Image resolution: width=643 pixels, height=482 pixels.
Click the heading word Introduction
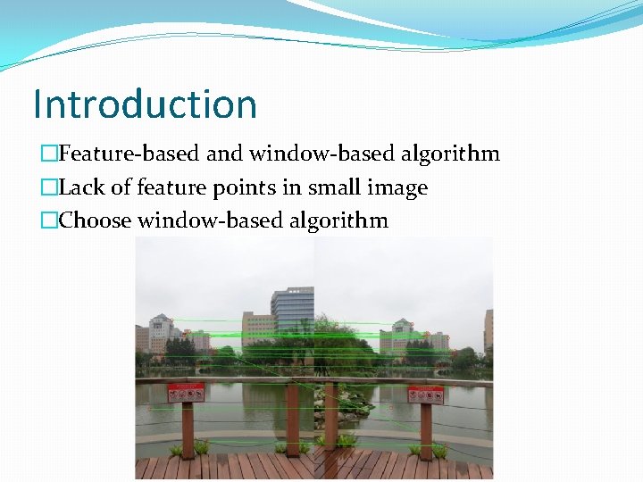pyautogui.click(x=145, y=104)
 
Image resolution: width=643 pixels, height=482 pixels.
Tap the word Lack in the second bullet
pyautogui.click(x=79, y=187)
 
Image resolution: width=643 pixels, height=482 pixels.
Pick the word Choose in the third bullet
pyautogui.click(x=96, y=220)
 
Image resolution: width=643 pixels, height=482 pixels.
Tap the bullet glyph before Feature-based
pyautogui.click(x=48, y=154)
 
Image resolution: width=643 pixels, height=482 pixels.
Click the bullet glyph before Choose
pyautogui.click(x=48, y=221)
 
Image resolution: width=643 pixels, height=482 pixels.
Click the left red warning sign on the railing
pyautogui.click(x=186, y=392)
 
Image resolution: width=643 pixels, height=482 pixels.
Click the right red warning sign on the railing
pyautogui.click(x=425, y=394)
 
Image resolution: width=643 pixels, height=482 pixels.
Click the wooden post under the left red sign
pyautogui.click(x=188, y=428)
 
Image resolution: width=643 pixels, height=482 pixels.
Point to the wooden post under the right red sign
pyautogui.click(x=426, y=431)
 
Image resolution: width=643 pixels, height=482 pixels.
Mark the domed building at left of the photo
pyautogui.click(x=161, y=332)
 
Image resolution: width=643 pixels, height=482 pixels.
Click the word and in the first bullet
pyautogui.click(x=225, y=154)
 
